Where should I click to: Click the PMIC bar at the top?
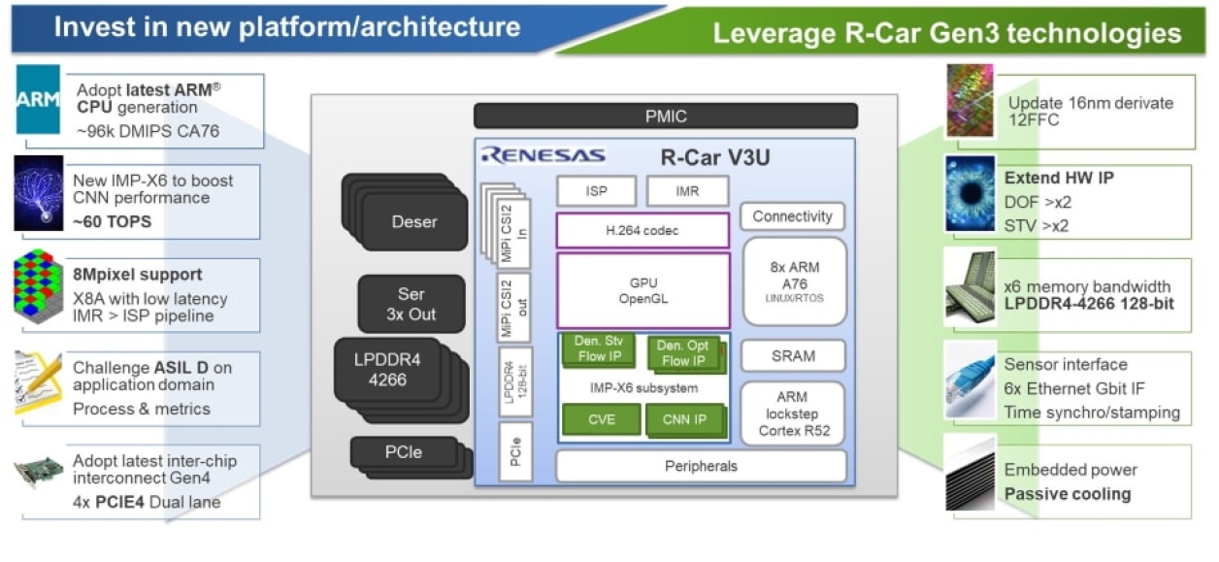(666, 116)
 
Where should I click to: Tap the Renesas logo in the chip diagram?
(544, 155)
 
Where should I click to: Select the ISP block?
(596, 191)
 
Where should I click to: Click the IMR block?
(687, 191)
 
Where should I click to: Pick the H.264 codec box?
(642, 231)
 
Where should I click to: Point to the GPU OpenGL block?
(642, 290)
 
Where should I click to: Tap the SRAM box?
(793, 356)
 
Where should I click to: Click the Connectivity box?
(793, 216)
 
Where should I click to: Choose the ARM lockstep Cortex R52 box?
(793, 413)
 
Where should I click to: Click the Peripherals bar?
(701, 466)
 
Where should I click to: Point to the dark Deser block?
(413, 222)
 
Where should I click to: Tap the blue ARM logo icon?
(38, 99)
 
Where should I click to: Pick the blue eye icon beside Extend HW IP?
(970, 193)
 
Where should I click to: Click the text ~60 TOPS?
(113, 222)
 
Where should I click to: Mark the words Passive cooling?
(1068, 494)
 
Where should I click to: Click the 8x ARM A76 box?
(793, 281)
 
